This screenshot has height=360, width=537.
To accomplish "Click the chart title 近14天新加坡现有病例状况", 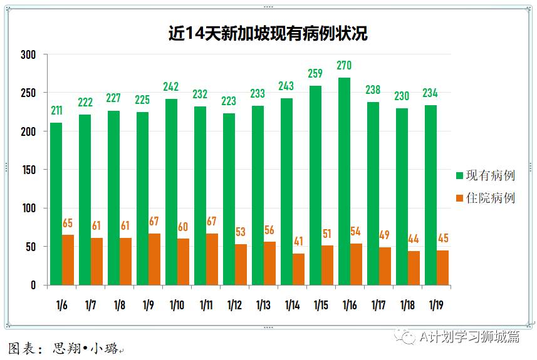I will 268,33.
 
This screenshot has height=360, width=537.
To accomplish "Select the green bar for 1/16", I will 343,182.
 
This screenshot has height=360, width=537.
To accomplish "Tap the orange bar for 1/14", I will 298,269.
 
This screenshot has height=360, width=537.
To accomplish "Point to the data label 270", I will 343,65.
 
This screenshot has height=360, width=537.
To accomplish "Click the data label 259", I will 315,74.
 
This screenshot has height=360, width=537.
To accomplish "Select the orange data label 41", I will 298,241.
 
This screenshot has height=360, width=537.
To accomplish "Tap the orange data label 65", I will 68,223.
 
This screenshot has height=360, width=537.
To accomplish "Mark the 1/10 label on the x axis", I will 177,306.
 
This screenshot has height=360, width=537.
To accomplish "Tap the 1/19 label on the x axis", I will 437,306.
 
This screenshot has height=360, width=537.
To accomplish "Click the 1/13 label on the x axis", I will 263,306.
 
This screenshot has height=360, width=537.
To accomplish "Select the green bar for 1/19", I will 430,195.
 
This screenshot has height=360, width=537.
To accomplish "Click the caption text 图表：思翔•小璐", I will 63,348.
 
